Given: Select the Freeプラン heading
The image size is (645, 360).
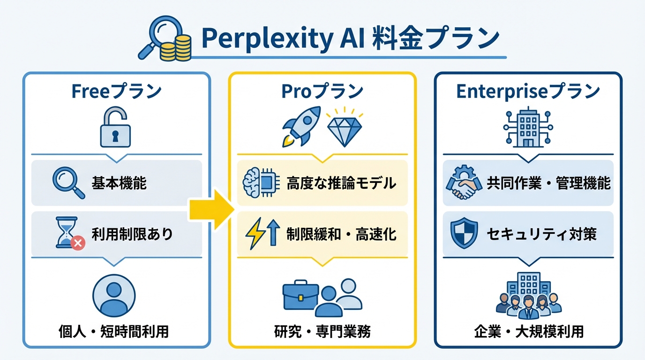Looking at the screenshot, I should pos(116,91).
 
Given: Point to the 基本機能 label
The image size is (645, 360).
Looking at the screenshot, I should pos(119,183).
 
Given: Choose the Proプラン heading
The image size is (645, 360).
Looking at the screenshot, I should pos(322,91).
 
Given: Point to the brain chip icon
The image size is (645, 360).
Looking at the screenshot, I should pos(258,183).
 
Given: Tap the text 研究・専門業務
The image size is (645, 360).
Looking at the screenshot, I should pos(322,332).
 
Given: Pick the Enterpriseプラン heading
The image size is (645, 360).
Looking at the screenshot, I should pos(528,91).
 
